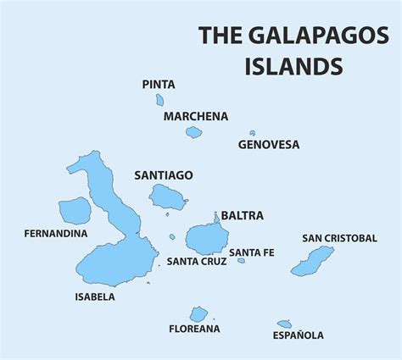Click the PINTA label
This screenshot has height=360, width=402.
(159, 84)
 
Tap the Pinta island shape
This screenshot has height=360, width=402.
(159, 100)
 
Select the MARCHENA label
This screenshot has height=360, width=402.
(197, 116)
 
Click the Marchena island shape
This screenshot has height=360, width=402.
(194, 132)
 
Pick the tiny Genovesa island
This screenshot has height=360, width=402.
(252, 133)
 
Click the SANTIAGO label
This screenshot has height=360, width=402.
(164, 175)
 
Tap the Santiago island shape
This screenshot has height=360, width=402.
(167, 198)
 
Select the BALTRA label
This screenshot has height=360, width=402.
(243, 215)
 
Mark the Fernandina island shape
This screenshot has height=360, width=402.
(74, 211)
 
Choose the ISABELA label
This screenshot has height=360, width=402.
(95, 297)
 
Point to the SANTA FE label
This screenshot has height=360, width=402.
(251, 252)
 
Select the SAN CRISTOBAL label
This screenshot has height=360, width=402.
(339, 238)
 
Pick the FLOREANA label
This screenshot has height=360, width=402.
(194, 329)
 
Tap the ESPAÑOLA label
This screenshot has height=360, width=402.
(298, 335)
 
